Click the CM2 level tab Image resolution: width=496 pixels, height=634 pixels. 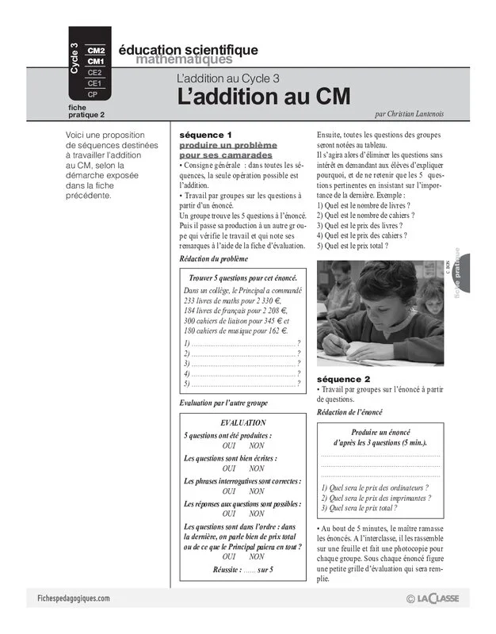tap(95, 50)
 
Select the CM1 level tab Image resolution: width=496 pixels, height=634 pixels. tap(95, 61)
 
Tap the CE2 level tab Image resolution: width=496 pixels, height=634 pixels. tap(95, 72)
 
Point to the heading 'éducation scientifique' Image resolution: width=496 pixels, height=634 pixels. tap(188, 50)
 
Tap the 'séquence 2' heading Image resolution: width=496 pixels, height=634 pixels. tap(343, 379)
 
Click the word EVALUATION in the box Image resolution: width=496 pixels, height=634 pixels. tap(242, 423)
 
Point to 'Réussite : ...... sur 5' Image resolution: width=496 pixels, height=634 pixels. tap(242, 569)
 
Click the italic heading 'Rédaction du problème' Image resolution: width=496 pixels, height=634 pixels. tap(213, 259)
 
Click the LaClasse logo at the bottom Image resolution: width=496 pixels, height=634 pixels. tap(433, 600)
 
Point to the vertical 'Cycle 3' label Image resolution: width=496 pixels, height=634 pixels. tap(74, 60)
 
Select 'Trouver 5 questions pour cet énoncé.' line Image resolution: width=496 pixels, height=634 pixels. tap(242, 278)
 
